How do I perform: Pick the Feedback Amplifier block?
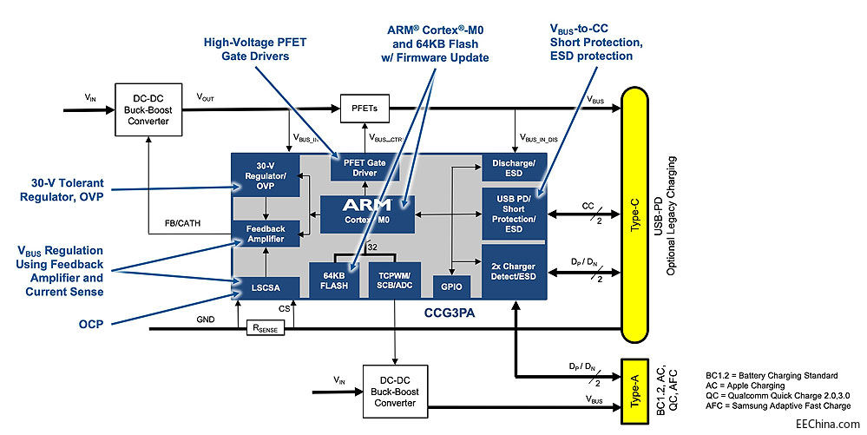[265, 233]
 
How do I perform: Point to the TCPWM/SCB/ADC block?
[395, 280]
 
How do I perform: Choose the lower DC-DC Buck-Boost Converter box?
[394, 391]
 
